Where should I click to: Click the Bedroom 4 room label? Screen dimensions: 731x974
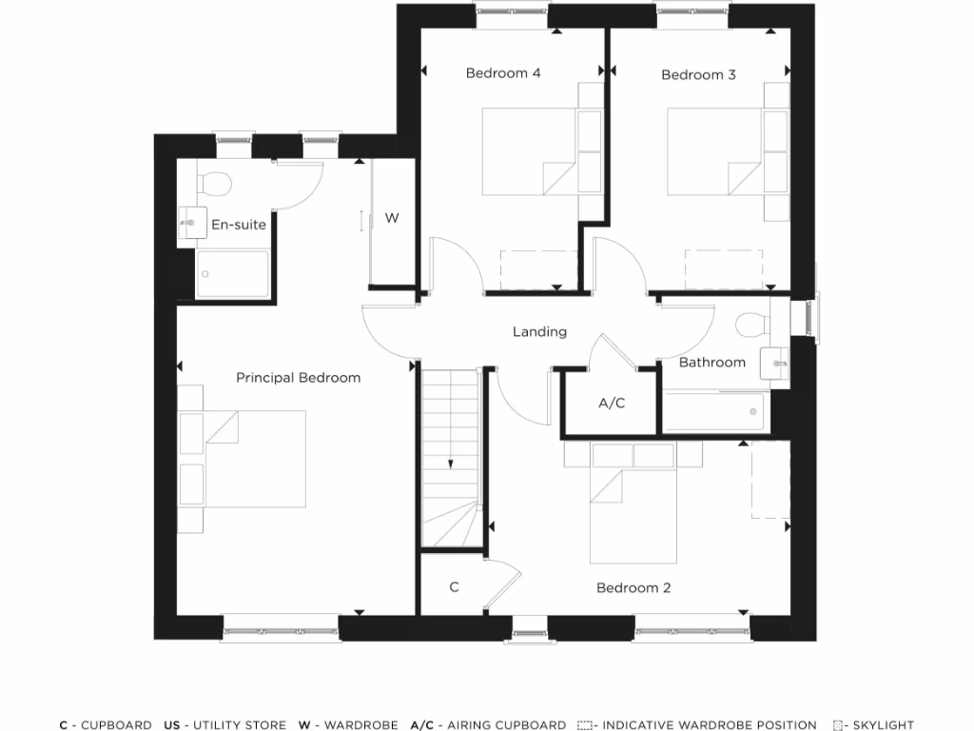point(503,73)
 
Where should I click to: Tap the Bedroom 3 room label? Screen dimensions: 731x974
point(698,74)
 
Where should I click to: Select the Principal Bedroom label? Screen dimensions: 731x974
point(298,378)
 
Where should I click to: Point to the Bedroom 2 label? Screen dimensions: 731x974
point(633,588)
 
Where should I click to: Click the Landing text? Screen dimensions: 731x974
point(539,332)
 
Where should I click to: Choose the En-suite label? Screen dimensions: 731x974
point(239,225)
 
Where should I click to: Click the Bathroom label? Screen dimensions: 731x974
point(711,363)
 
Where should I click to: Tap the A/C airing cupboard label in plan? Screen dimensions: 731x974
point(612,404)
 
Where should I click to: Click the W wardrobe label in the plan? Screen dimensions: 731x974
point(391,218)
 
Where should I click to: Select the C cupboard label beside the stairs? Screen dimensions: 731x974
point(454,587)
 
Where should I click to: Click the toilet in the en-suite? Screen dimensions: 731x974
point(214,180)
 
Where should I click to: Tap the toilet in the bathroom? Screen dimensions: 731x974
point(753,324)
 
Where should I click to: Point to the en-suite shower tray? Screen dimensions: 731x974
point(232,274)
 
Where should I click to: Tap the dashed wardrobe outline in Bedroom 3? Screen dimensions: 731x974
point(724,268)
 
